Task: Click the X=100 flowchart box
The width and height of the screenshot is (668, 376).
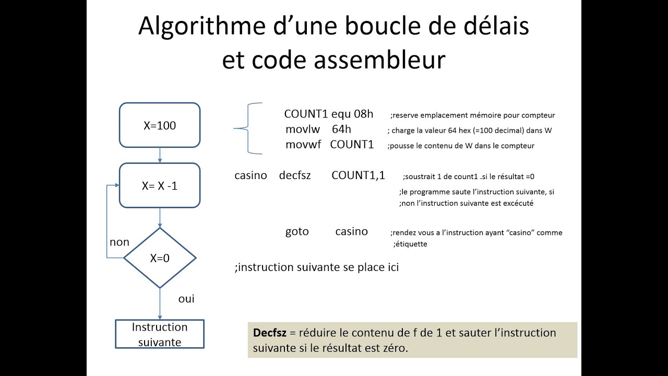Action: pyautogui.click(x=160, y=125)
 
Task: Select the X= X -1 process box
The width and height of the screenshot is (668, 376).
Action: pyautogui.click(x=160, y=185)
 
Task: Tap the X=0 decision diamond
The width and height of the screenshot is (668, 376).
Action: pyautogui.click(x=160, y=258)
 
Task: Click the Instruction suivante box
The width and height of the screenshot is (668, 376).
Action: pyautogui.click(x=160, y=334)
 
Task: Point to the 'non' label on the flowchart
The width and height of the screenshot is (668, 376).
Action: pyautogui.click(x=120, y=242)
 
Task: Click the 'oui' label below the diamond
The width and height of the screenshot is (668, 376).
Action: pyautogui.click(x=186, y=299)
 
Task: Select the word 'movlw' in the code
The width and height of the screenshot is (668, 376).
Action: pyautogui.click(x=301, y=130)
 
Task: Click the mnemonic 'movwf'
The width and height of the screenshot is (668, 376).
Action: pyautogui.click(x=303, y=145)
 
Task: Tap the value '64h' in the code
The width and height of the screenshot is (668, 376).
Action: pyautogui.click(x=341, y=130)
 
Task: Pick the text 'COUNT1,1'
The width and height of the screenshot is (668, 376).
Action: pyautogui.click(x=358, y=175)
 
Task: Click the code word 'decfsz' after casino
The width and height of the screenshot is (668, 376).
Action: pyautogui.click(x=295, y=175)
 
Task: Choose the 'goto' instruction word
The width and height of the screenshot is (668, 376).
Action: pyautogui.click(x=297, y=231)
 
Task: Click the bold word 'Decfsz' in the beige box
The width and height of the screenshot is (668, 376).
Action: pyautogui.click(x=270, y=333)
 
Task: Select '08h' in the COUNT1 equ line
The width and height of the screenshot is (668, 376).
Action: pyautogui.click(x=364, y=114)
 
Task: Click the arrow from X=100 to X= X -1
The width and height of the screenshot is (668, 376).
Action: pyautogui.click(x=160, y=155)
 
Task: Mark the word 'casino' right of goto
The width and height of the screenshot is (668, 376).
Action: pyautogui.click(x=351, y=231)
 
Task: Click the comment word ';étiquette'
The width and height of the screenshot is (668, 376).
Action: pyautogui.click(x=410, y=244)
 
